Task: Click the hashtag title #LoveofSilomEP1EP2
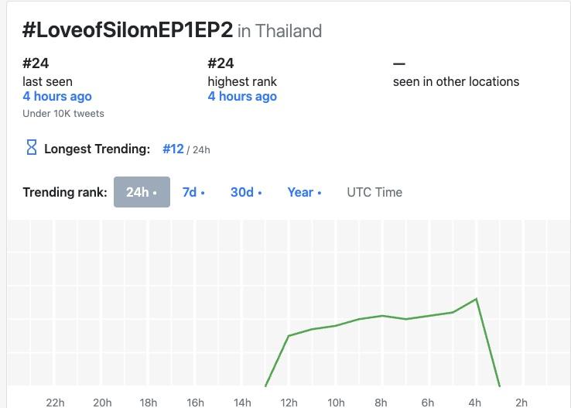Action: (128, 30)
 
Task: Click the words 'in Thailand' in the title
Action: (279, 31)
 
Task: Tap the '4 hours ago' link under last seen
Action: (57, 96)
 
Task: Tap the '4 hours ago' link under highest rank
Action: (242, 96)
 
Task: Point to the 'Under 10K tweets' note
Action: (63, 113)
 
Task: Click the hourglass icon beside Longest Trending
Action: (32, 148)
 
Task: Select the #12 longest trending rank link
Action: (173, 149)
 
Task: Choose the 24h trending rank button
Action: (142, 192)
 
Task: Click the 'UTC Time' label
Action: (374, 192)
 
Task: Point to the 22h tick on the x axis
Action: (56, 402)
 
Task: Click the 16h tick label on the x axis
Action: (196, 402)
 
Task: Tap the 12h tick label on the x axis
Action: (289, 402)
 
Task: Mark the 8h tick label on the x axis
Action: (381, 402)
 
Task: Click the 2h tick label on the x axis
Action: (521, 402)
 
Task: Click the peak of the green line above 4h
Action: (476, 299)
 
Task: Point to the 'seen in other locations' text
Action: (456, 81)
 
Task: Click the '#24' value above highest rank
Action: (221, 63)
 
